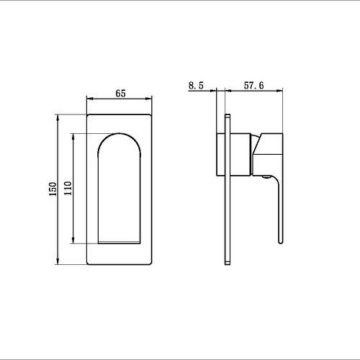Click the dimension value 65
tap(120, 94)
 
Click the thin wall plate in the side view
tap(228, 190)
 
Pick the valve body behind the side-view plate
tap(220, 154)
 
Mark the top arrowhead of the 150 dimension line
tap(57, 115)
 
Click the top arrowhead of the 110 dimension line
tap(73, 135)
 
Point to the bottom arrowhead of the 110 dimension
tap(73, 245)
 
